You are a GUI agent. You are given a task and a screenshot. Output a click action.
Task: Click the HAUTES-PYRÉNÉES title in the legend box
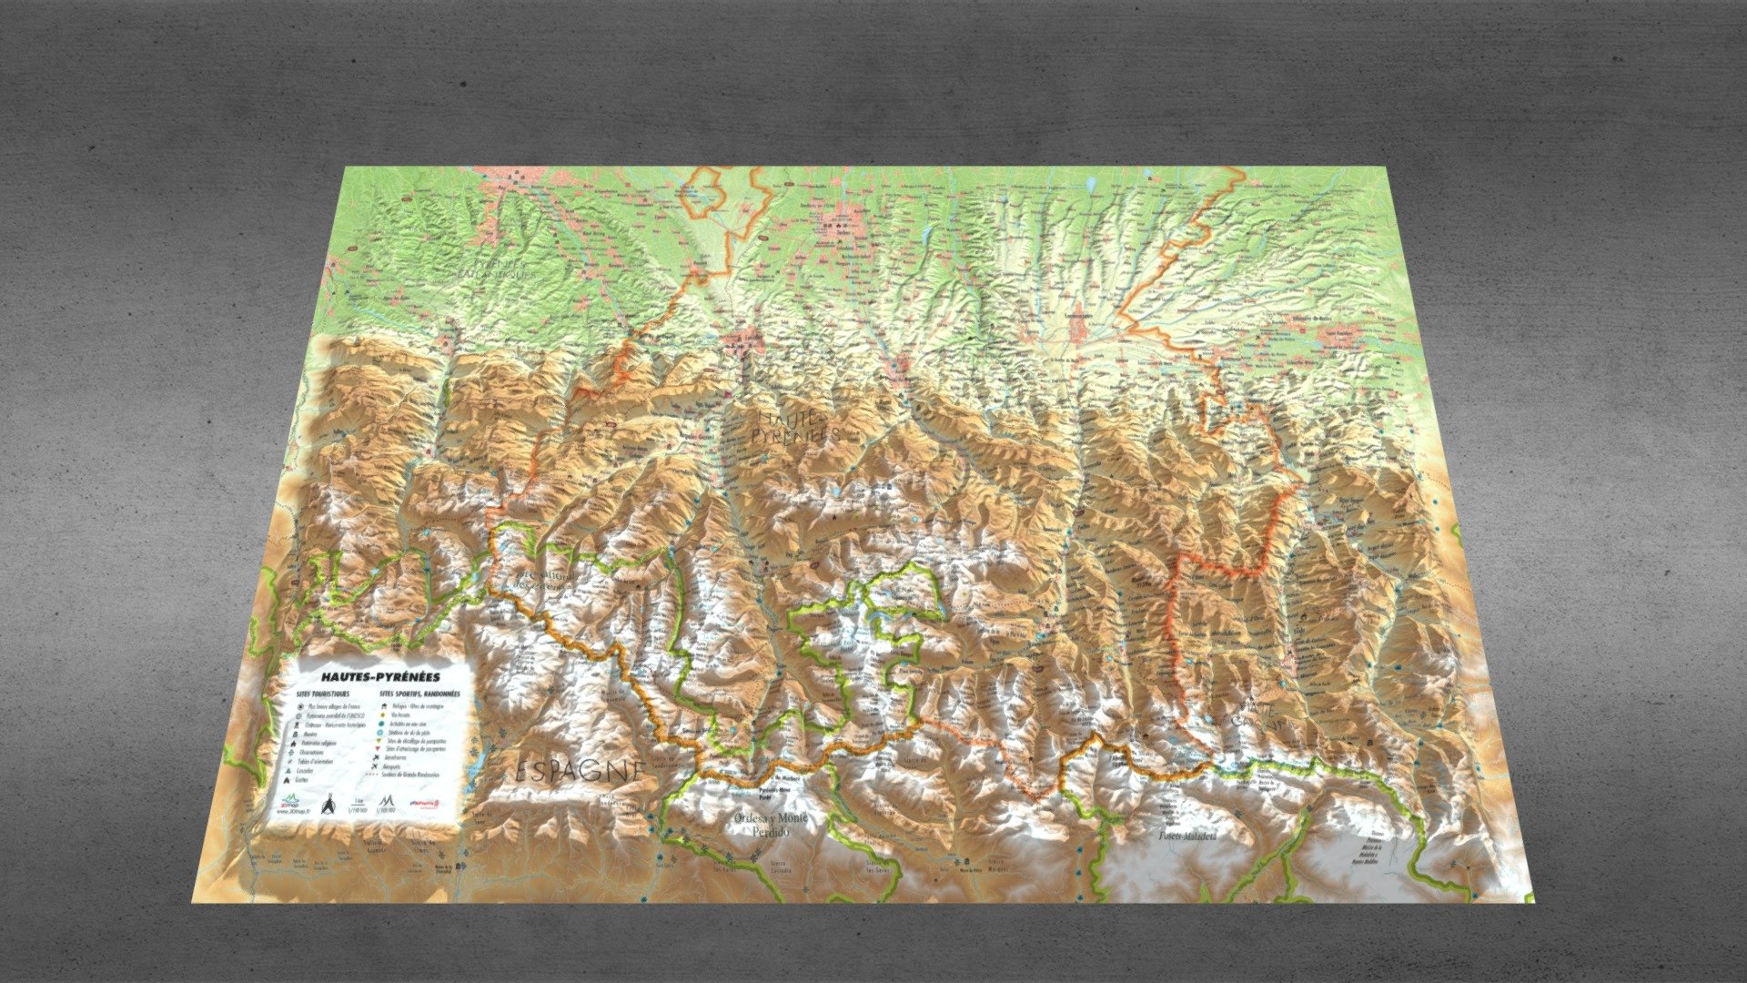(381, 677)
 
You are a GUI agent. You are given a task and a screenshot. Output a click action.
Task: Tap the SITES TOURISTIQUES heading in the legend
(323, 694)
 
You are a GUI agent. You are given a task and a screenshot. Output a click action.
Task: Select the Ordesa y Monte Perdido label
(770, 825)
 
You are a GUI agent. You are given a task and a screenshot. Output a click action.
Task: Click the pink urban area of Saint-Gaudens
(1337, 335)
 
